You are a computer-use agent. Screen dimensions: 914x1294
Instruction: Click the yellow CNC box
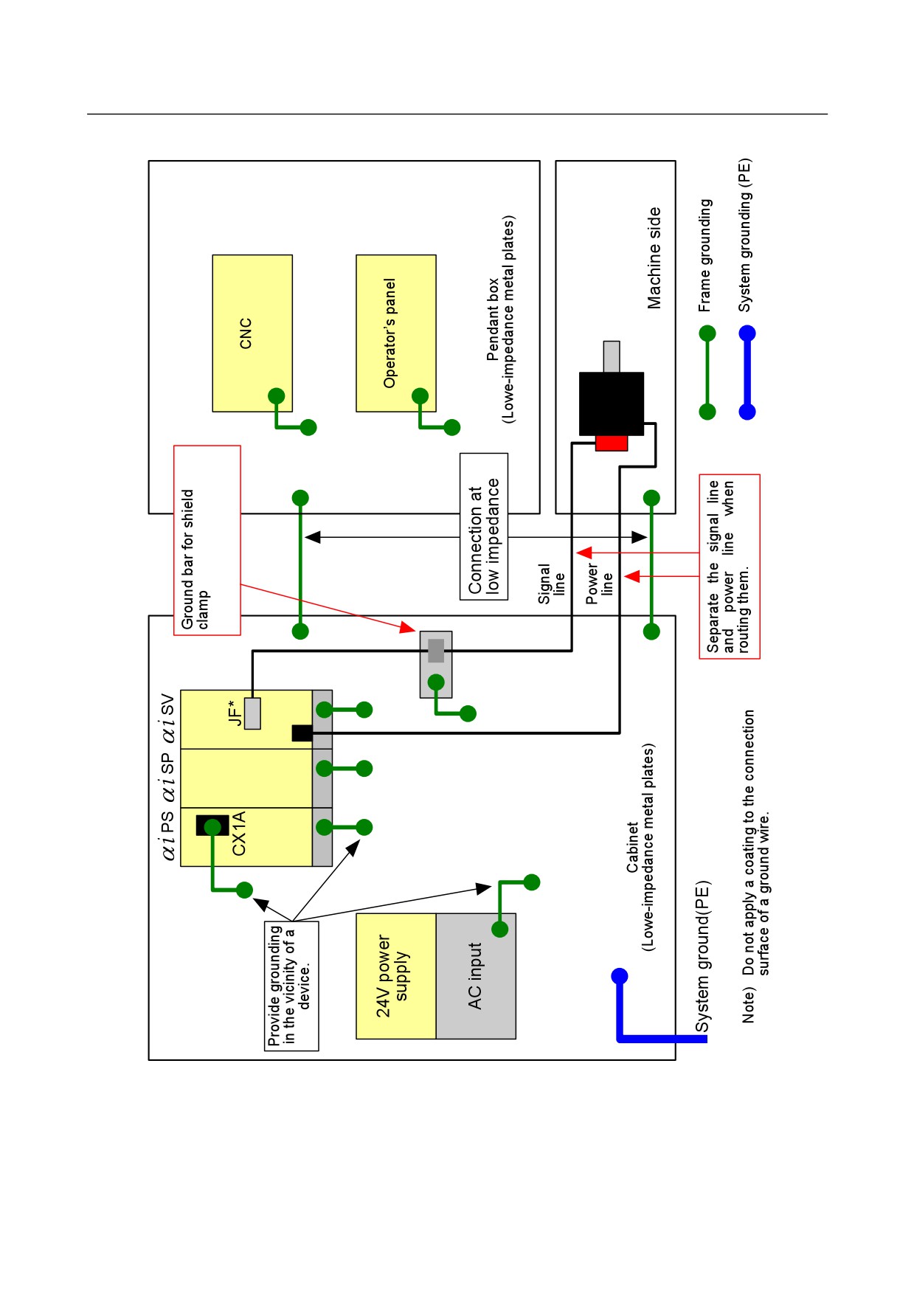tap(252, 333)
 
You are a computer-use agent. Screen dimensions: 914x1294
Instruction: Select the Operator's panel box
tap(396, 333)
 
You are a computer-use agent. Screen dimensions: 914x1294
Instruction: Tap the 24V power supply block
tap(396, 976)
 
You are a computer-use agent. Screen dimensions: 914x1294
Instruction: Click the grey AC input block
tap(476, 976)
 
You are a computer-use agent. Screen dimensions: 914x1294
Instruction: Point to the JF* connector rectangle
tap(252, 713)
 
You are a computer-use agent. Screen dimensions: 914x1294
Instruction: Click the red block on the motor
tap(612, 443)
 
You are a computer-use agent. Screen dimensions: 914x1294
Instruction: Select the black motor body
tap(612, 404)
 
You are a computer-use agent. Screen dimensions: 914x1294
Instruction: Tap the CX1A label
tap(238, 834)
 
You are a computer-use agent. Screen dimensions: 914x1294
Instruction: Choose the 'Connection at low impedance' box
tap(484, 526)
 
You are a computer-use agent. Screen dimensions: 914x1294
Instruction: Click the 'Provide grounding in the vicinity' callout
tap(291, 986)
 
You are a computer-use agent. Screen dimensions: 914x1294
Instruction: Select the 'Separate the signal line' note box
tap(730, 566)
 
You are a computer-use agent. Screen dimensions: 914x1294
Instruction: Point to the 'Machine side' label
tap(654, 258)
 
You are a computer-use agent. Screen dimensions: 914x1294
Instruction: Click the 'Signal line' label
tap(552, 584)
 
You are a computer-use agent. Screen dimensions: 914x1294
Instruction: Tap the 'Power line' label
tap(599, 584)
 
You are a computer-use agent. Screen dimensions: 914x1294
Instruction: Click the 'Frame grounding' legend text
tap(705, 255)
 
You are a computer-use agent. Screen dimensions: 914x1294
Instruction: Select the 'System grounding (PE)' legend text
tap(745, 235)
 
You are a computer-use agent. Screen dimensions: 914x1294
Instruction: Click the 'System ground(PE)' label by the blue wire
tap(702, 956)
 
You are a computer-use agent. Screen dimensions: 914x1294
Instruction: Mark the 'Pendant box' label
tap(492, 319)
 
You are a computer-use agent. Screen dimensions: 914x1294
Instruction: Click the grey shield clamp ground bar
tap(436, 664)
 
